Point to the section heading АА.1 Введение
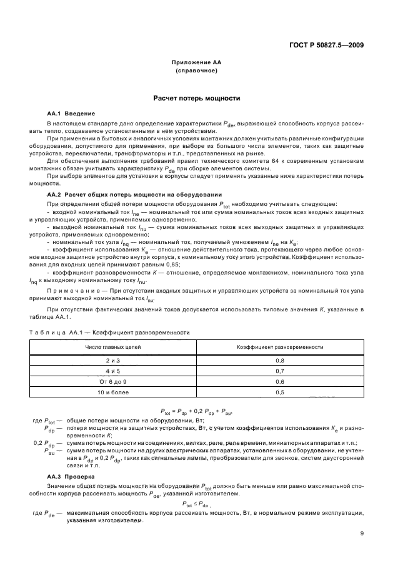tap(71, 114)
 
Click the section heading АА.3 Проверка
tap(72, 476)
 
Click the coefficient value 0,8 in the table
tap(279, 361)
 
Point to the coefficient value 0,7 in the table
tap(279, 371)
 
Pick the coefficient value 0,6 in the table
tap(279, 381)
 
